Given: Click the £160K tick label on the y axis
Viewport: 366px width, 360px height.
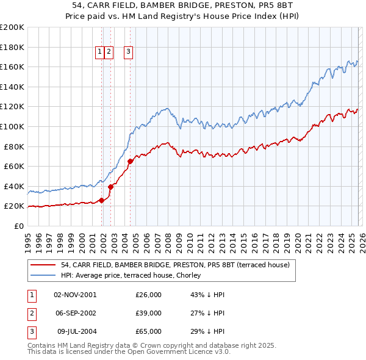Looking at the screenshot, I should [12, 67].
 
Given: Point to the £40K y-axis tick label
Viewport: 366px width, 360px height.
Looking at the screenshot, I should [14, 186].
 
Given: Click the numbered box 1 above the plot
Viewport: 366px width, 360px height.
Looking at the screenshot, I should [99, 52].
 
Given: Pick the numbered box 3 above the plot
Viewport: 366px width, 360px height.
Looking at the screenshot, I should [129, 52].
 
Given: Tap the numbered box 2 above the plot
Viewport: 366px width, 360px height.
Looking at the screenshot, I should [109, 52].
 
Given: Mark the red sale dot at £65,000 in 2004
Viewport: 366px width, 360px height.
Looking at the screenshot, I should [131, 161].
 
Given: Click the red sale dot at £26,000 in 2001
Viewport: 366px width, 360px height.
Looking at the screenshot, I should [101, 200].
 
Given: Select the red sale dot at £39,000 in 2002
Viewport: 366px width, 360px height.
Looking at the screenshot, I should [110, 187].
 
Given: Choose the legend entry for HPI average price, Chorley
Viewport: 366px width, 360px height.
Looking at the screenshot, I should [134, 275].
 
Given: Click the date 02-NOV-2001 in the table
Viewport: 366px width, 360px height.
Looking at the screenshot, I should [75, 295].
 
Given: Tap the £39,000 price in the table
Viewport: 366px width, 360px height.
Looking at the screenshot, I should [148, 313].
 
